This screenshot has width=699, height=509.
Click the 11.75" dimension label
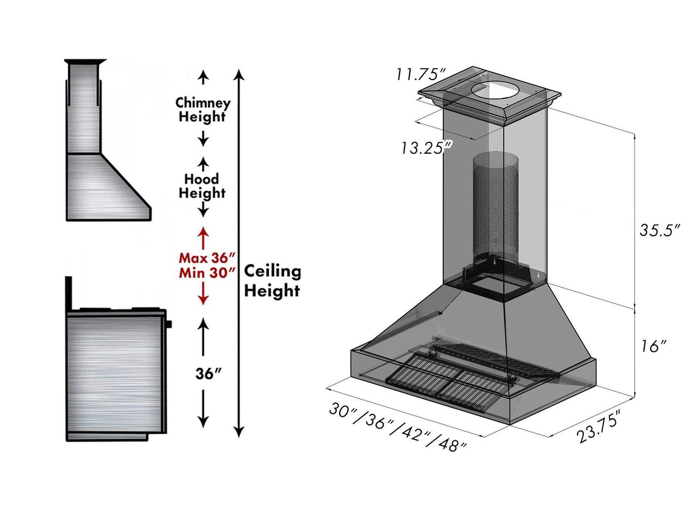tap(421, 75)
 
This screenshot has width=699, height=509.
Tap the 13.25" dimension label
tap(426, 147)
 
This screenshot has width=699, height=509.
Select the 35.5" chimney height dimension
tap(660, 230)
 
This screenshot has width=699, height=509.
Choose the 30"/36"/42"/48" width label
tap(397, 427)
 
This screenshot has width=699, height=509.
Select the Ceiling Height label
tap(272, 281)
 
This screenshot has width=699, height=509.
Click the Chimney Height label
tap(203, 110)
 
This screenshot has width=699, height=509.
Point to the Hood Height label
tap(202, 186)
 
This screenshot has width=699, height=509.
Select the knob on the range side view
tap(170, 324)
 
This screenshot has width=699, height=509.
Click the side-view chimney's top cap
tap(85, 61)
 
